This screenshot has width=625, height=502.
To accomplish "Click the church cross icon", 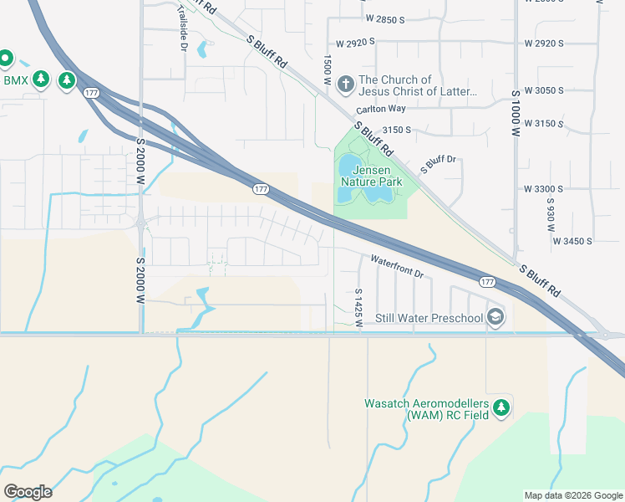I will (347, 83).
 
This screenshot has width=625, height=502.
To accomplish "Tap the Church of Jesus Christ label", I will (418, 86).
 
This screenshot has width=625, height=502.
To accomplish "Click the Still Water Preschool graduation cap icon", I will (495, 316).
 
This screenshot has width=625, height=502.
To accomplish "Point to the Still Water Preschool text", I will (429, 318).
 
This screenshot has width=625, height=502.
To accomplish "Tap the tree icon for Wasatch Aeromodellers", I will (501, 407).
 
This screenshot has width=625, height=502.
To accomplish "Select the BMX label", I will (16, 80).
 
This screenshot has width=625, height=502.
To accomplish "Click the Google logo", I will (28, 491).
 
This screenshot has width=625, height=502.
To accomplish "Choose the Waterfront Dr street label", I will (398, 267).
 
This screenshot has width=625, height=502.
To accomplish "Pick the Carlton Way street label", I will (380, 110).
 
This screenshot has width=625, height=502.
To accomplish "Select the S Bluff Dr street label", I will (440, 163).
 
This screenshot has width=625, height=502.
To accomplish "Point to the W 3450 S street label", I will (572, 241).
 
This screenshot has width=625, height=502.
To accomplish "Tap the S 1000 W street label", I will (516, 112).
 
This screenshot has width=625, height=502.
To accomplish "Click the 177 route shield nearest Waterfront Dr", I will (487, 282).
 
